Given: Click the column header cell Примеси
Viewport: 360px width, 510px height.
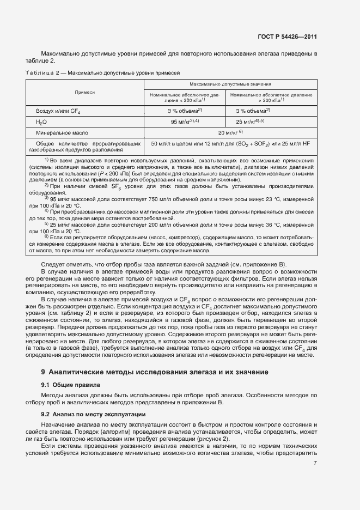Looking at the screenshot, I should pos(84,92).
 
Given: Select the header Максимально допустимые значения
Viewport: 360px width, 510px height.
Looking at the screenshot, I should pos(231,84).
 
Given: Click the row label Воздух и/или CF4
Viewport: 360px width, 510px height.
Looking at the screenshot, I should pos(58,111).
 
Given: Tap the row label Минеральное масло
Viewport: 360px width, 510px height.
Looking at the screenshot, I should pos(62,132).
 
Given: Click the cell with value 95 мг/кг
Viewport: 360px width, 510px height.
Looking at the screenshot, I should pos(185,122).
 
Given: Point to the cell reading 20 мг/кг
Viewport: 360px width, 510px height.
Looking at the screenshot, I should pos(230,132).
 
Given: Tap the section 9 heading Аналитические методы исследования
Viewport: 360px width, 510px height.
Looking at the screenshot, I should pos(155,372).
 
